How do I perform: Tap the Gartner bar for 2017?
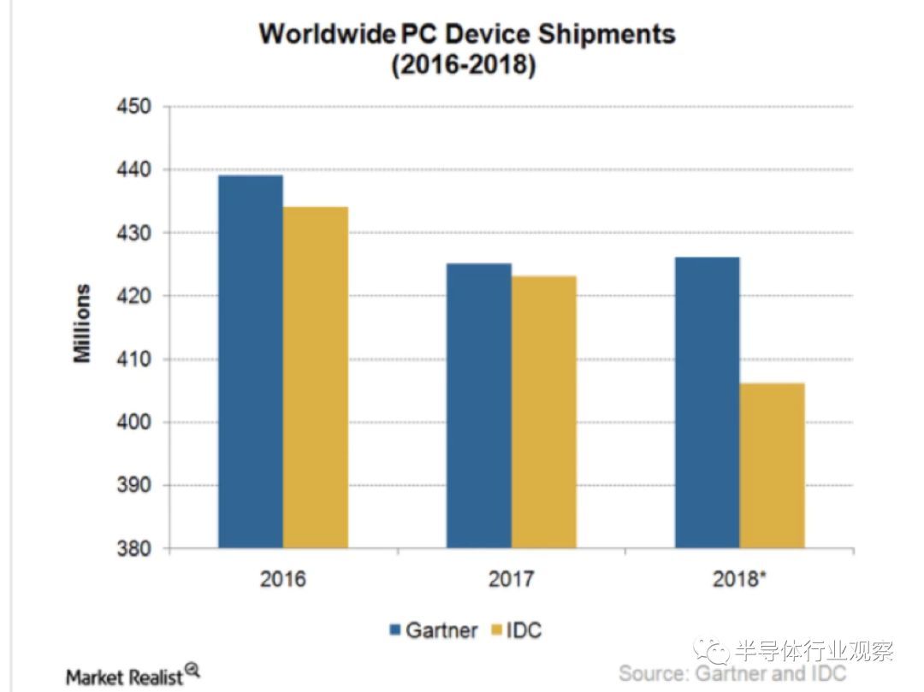(x=478, y=405)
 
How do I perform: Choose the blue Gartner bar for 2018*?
(x=707, y=402)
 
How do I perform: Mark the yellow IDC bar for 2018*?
(x=772, y=465)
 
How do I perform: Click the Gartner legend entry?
(x=433, y=631)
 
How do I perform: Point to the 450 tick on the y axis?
(x=133, y=107)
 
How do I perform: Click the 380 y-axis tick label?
(x=133, y=549)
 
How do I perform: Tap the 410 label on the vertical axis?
(x=133, y=359)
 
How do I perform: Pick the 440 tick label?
(x=133, y=170)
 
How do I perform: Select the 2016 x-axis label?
(x=282, y=579)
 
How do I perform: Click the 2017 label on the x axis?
(x=511, y=579)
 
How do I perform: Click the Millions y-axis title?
(x=82, y=323)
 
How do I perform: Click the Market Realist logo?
(x=133, y=676)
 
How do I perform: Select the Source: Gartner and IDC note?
(x=732, y=674)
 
